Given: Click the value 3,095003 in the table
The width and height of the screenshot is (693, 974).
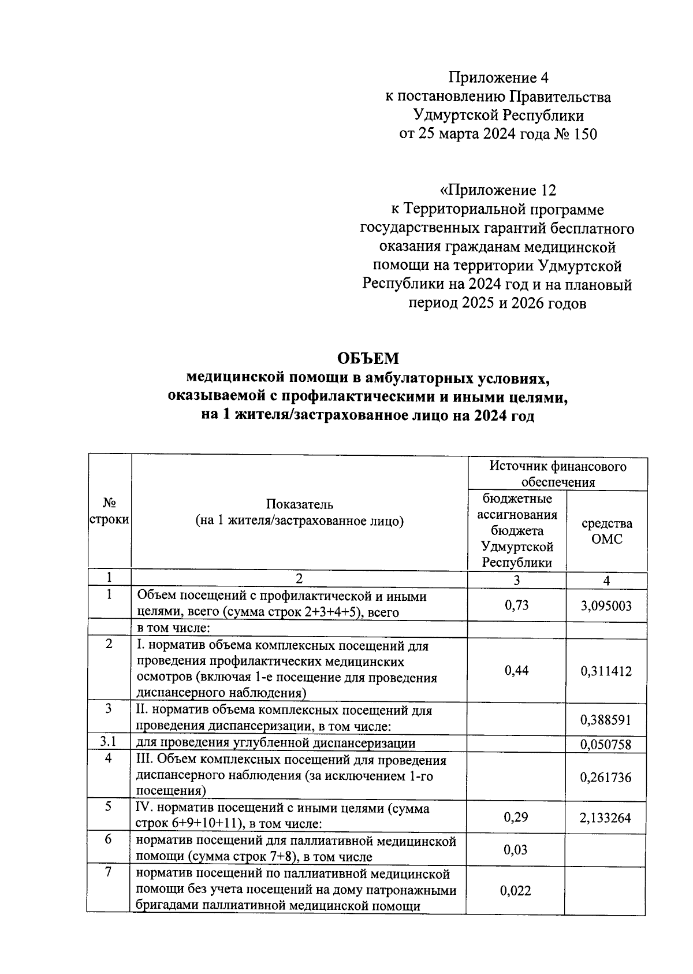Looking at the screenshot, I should [606, 606].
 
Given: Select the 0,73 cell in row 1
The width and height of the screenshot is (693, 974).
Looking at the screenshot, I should [516, 605].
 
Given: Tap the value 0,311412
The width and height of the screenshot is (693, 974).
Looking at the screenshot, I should [606, 671].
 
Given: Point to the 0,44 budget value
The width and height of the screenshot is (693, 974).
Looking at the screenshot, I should [516, 670].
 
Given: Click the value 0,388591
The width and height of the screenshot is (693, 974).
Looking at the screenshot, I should [606, 720].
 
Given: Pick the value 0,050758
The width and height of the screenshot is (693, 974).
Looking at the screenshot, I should [606, 745].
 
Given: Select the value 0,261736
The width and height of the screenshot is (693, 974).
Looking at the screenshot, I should [606, 777].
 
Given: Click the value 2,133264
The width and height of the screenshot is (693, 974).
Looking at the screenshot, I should [606, 817].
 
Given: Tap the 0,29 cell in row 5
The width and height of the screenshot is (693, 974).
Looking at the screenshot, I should [516, 817].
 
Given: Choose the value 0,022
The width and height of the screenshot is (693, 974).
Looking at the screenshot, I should [516, 891].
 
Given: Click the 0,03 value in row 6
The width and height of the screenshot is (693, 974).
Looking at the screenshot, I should [516, 850].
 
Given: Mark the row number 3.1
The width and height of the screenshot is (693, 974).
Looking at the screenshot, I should [109, 743].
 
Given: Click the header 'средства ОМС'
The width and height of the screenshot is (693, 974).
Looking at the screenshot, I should [606, 531].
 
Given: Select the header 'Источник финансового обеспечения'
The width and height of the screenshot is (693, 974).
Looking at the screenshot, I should [557, 474].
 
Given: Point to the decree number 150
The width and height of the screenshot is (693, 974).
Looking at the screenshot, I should [584, 135].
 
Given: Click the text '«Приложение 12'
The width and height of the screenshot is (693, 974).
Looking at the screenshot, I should [498, 190].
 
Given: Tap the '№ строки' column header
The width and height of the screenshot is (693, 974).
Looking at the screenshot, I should [109, 511].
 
